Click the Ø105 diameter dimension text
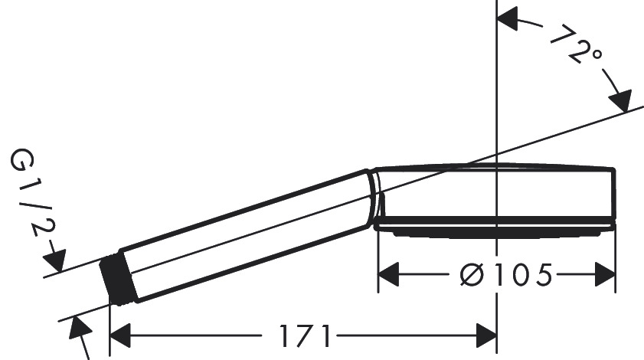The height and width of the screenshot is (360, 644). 505,274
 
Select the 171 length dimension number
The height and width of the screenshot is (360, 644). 304,335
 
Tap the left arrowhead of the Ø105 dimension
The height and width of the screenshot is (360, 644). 390,274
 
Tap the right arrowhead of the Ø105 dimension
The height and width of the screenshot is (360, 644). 604,274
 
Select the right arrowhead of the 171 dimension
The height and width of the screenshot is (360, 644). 486,335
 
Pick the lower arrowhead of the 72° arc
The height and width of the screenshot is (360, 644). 619,100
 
